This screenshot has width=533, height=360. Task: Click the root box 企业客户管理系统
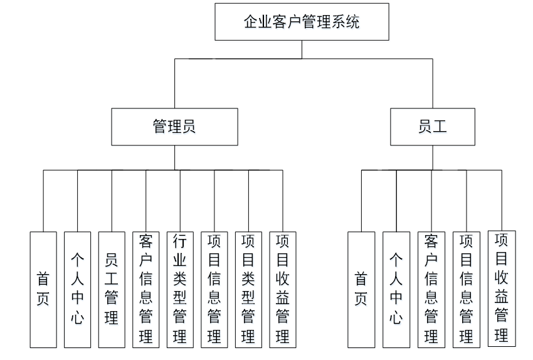[x=302, y=22]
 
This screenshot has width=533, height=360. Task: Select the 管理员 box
[x=175, y=127]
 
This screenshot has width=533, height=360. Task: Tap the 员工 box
[x=433, y=127]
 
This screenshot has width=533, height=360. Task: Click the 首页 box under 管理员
[x=43, y=290]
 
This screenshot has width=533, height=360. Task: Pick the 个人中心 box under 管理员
[x=78, y=290]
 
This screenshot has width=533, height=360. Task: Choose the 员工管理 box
[x=112, y=290]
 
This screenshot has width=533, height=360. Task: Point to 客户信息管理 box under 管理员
[x=146, y=290]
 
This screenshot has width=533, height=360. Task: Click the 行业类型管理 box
[x=180, y=290]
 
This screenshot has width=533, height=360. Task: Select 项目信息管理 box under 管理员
[x=214, y=290]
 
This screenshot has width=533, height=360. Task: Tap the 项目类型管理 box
[x=248, y=290]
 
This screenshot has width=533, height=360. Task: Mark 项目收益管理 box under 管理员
[x=283, y=290]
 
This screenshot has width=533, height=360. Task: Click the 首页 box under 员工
[x=361, y=290]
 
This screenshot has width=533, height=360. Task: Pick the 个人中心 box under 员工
[x=396, y=290]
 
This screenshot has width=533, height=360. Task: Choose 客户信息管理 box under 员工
[x=431, y=290]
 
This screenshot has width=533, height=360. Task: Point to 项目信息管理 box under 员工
[x=467, y=290]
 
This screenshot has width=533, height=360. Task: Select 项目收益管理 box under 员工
[x=502, y=289]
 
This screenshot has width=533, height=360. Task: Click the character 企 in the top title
[x=251, y=22]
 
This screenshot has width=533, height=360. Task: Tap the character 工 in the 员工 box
[x=440, y=127]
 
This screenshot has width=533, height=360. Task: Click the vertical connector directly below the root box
[x=302, y=50]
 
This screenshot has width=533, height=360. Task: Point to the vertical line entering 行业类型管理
[x=180, y=201]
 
